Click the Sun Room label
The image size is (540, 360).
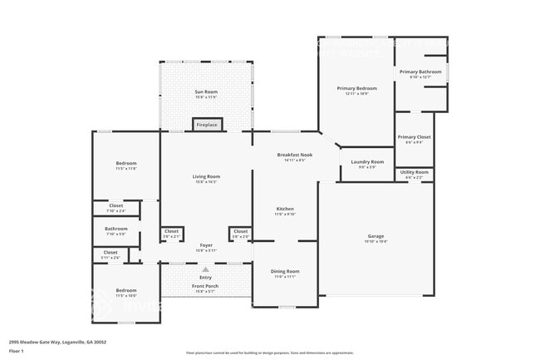click(x=205, y=91)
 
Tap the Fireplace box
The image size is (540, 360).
click(x=207, y=125)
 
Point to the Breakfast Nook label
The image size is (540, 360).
click(x=294, y=155)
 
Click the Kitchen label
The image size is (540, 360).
click(x=285, y=209)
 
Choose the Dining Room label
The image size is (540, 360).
click(x=285, y=271)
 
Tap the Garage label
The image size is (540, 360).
click(x=376, y=236)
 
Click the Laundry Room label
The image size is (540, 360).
click(x=366, y=161)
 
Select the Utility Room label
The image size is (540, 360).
click(x=414, y=172)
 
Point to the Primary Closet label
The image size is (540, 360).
click(x=414, y=137)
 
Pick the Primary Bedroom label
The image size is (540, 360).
click(x=356, y=88)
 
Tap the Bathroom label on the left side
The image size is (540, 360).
click(x=116, y=229)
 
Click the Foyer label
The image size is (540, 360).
click(x=205, y=245)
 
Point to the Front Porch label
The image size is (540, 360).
click(x=205, y=286)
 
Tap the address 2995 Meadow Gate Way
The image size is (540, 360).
click(x=57, y=342)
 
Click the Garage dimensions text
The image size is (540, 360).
click(x=376, y=241)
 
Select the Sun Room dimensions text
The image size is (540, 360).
click(x=205, y=96)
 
